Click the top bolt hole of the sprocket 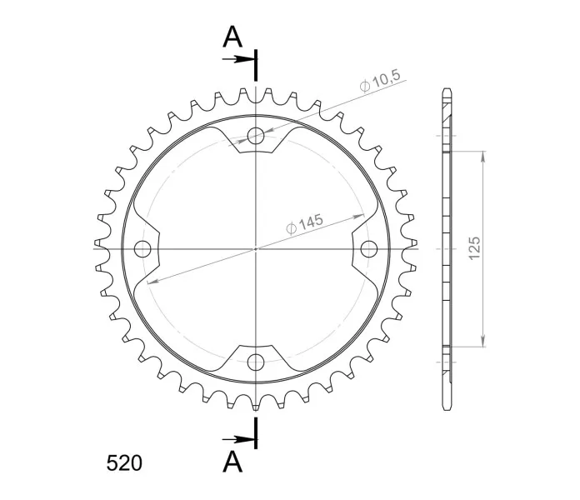[256, 135]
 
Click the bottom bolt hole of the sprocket [256, 362]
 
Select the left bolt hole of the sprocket [142, 249]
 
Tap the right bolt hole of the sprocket [369, 249]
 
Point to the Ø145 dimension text [305, 224]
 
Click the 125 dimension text [474, 248]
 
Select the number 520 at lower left [124, 463]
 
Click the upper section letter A [232, 37]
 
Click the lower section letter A [232, 462]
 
